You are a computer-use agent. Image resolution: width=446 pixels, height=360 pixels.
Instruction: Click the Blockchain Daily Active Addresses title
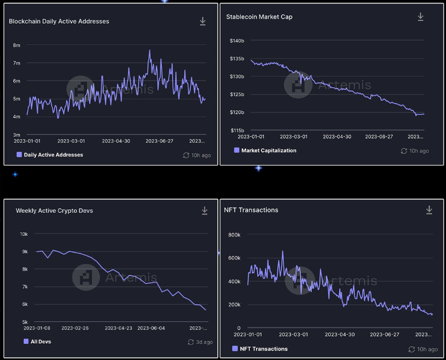(59, 22)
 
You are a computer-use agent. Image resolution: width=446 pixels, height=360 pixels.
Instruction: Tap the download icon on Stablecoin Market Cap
(421, 17)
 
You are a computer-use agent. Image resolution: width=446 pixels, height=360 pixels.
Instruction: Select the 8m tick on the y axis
(17, 45)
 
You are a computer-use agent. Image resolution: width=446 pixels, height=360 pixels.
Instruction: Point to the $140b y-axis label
(237, 40)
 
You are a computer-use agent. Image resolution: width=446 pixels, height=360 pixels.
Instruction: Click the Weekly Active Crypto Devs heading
(54, 211)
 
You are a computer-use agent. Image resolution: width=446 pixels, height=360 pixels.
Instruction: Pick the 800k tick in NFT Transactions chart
(234, 235)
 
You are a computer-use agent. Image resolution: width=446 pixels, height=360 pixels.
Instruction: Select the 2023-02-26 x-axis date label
(75, 328)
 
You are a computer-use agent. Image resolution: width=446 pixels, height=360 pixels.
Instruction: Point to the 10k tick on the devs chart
(24, 234)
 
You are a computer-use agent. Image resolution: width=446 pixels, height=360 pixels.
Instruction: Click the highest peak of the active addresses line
(149, 50)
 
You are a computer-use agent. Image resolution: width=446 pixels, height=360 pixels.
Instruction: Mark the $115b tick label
(237, 130)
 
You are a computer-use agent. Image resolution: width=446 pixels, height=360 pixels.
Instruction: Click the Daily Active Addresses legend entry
(54, 155)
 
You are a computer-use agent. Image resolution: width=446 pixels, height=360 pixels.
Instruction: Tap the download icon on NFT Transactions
(429, 210)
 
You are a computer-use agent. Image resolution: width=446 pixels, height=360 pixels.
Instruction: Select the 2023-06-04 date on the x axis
(151, 328)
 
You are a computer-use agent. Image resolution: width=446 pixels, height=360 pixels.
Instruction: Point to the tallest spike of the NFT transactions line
(282, 251)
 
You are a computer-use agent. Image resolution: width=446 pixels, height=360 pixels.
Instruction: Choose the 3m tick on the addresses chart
(17, 135)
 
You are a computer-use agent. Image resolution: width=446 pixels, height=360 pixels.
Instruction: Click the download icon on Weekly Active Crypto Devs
(205, 211)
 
